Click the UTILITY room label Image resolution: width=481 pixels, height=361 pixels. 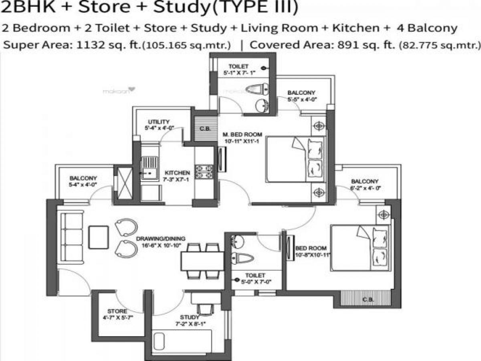click(158, 122)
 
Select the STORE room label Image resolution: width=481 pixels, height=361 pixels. click(117, 311)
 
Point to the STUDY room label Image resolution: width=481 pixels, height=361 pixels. click(190, 317)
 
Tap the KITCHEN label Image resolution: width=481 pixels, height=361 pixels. click(176, 173)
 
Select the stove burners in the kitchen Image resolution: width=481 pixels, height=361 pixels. click(204, 171)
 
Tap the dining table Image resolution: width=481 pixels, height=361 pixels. click(202, 261)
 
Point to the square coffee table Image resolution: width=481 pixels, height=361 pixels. click(98, 237)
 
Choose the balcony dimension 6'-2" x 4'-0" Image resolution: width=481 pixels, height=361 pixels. click(364, 188)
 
